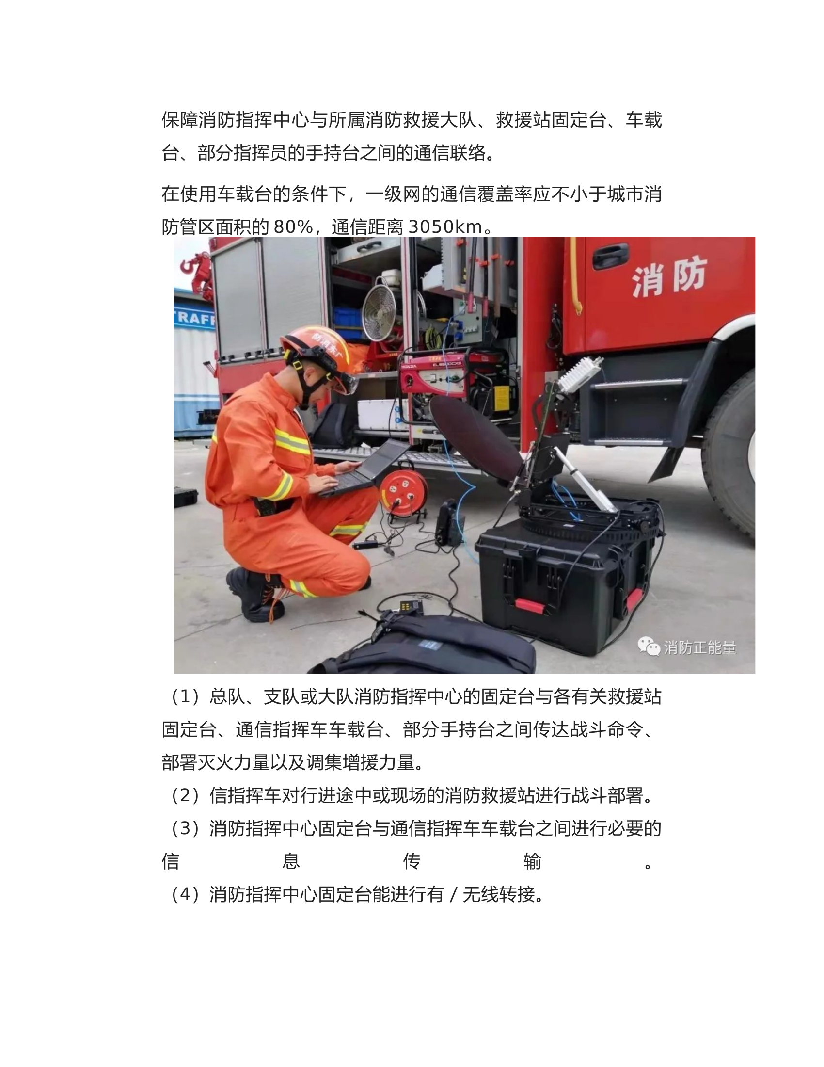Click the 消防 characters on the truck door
tap(669, 277)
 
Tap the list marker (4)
tap(185, 894)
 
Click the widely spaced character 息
tap(291, 862)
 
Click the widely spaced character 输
tap(532, 862)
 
